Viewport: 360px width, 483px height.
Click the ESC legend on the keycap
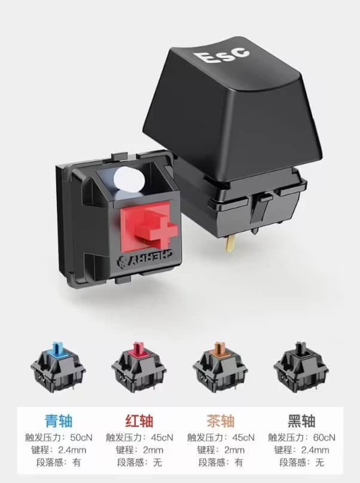tap(221, 55)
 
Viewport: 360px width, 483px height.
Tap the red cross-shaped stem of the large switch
tap(156, 227)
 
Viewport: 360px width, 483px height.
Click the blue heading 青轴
tap(59, 421)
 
